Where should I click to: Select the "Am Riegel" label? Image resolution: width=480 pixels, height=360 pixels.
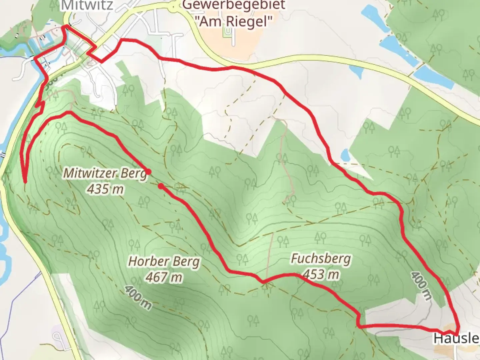click(233, 21)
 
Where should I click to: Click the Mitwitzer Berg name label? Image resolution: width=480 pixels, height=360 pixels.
click(105, 173)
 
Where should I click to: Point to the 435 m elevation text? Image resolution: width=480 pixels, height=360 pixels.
click(105, 189)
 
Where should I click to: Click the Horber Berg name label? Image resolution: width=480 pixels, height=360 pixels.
click(164, 261)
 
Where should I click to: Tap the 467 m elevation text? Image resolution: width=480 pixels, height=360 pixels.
click(164, 277)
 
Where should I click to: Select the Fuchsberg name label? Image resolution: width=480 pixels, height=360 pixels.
click(321, 259)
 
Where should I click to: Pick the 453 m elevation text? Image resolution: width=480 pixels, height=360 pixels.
click(321, 274)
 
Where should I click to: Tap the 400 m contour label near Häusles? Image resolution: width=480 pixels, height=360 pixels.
click(421, 285)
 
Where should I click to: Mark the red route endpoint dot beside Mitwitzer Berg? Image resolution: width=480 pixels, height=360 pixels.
click(149, 172)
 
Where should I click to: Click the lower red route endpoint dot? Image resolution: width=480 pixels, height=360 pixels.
click(161, 186)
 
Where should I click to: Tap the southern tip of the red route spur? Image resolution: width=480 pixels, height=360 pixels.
click(25, 182)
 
